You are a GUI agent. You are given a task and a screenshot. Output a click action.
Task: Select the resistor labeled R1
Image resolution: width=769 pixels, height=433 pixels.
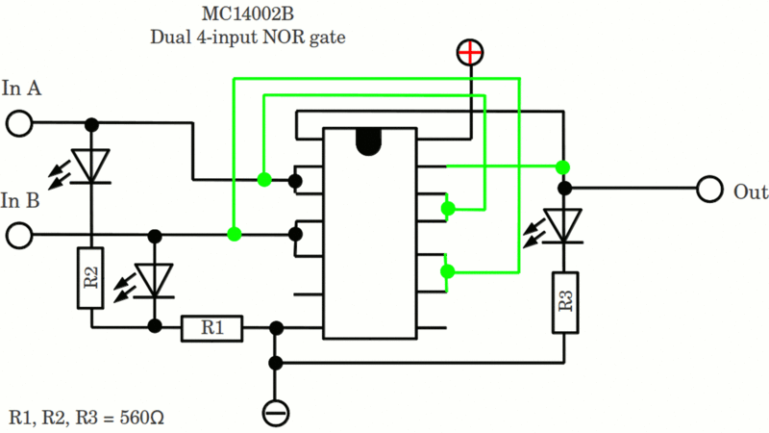pyautogui.click(x=212, y=328)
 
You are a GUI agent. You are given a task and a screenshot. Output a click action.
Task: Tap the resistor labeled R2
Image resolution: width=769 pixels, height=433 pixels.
pyautogui.click(x=91, y=279)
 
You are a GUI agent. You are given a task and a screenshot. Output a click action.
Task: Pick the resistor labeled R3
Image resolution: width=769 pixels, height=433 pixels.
pyautogui.click(x=565, y=302)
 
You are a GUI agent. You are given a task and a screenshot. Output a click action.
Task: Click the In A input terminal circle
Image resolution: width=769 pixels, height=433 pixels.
pyautogui.click(x=19, y=124)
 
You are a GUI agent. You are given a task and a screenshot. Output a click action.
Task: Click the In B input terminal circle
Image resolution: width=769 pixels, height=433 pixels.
pyautogui.click(x=19, y=234)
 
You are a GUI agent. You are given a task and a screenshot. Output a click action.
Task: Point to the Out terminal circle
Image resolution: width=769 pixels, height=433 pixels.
pyautogui.click(x=709, y=189)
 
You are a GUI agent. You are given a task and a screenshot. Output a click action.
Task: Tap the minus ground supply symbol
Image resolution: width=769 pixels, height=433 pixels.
pyautogui.click(x=276, y=413)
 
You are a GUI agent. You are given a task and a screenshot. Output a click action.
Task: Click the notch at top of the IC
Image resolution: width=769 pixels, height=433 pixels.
pyautogui.click(x=370, y=141)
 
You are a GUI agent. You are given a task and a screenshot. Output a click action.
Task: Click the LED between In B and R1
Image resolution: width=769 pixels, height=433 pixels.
pyautogui.click(x=154, y=280)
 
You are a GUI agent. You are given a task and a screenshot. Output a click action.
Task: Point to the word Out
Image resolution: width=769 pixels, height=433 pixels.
pyautogui.click(x=751, y=191)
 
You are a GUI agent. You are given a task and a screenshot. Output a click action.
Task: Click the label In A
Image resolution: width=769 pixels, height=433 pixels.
pyautogui.click(x=21, y=89)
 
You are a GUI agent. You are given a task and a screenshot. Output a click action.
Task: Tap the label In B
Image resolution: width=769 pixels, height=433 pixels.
pyautogui.click(x=20, y=200)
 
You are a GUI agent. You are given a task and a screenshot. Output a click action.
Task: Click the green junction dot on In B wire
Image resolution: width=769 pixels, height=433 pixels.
pyautogui.click(x=234, y=234)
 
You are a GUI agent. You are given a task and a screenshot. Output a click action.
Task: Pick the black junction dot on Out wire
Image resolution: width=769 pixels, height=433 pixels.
pyautogui.click(x=565, y=189)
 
